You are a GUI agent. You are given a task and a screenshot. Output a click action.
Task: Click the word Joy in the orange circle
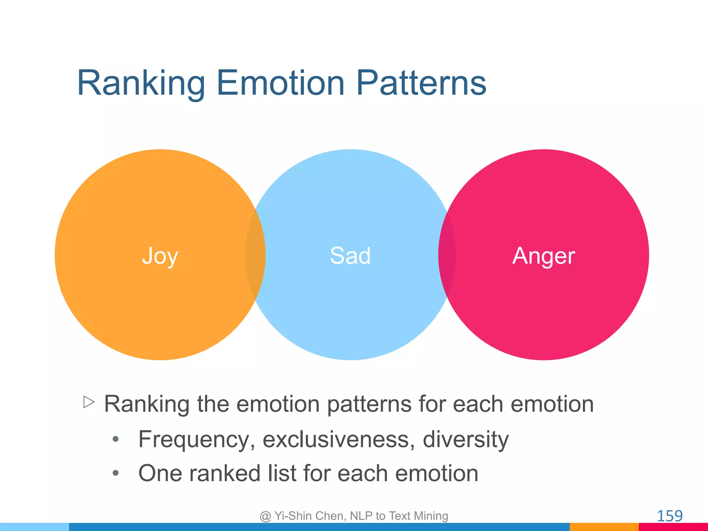(x=160, y=256)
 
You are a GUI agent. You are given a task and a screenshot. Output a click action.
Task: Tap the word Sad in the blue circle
(x=350, y=256)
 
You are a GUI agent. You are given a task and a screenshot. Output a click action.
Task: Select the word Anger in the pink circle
(x=543, y=256)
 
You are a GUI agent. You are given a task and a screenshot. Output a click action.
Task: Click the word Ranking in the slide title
(x=141, y=83)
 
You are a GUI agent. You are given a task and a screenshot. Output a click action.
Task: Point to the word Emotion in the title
(x=280, y=83)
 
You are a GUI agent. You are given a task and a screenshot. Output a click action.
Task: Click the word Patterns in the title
(x=421, y=83)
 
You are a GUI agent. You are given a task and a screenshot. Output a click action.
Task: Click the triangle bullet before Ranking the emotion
(x=89, y=402)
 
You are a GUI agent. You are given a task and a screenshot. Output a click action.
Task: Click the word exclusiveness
(x=339, y=439)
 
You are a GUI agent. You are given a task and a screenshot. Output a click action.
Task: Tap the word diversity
(x=465, y=440)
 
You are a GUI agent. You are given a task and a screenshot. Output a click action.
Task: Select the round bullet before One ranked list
(x=116, y=473)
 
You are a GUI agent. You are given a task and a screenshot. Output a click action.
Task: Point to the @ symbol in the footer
(x=265, y=516)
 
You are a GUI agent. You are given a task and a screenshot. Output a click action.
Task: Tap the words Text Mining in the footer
(x=418, y=516)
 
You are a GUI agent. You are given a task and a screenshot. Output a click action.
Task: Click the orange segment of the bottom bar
(x=604, y=527)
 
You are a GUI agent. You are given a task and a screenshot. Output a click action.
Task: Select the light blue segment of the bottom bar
(x=35, y=527)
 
